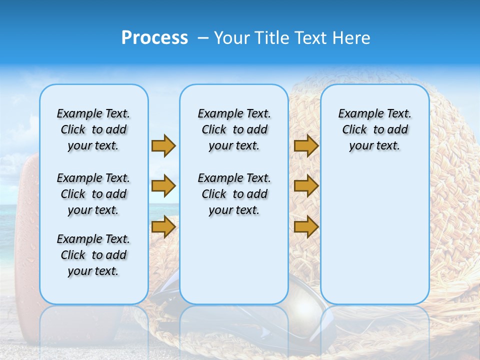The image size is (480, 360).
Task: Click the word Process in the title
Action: [154, 38]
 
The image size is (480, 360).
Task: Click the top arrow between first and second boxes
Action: [163, 146]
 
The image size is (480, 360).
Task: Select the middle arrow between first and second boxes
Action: [163, 186]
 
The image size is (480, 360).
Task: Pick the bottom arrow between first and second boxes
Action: [163, 226]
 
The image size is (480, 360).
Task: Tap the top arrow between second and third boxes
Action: [306, 146]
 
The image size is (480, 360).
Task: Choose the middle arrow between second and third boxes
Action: [306, 186]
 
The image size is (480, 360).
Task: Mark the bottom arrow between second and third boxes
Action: [306, 226]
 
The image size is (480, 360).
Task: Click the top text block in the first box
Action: [93, 129]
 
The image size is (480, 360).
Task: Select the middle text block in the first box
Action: [93, 194]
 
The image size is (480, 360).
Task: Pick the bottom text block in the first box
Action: [93, 255]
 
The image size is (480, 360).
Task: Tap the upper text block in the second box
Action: [234, 129]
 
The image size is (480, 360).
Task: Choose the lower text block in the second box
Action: [234, 194]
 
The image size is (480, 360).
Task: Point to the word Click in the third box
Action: [354, 130]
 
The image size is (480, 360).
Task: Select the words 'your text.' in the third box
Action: [374, 146]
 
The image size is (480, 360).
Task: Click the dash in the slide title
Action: [203, 38]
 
